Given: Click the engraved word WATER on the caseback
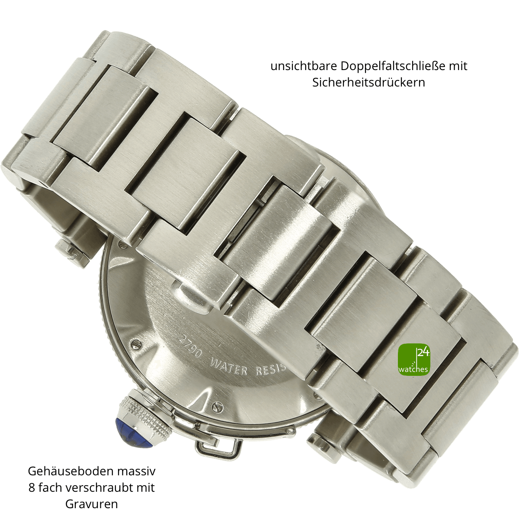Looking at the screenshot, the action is click(228, 366).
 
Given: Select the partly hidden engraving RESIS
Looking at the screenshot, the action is click(270, 371).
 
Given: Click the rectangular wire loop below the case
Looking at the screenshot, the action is click(219, 445).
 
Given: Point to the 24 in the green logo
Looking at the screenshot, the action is click(423, 352).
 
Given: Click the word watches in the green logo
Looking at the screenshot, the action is click(413, 369).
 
